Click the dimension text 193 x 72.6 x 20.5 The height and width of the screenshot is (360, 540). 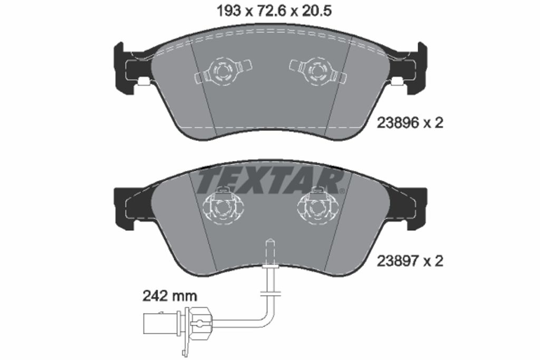pyautogui.click(x=274, y=11)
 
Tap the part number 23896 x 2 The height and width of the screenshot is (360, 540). pyautogui.click(x=410, y=123)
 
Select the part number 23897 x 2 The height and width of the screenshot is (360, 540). pyautogui.click(x=410, y=261)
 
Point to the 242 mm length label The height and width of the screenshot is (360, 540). pyautogui.click(x=170, y=296)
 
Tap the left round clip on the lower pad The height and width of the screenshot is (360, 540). pyautogui.click(x=223, y=207)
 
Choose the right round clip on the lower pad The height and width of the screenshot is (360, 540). pyautogui.click(x=317, y=207)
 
